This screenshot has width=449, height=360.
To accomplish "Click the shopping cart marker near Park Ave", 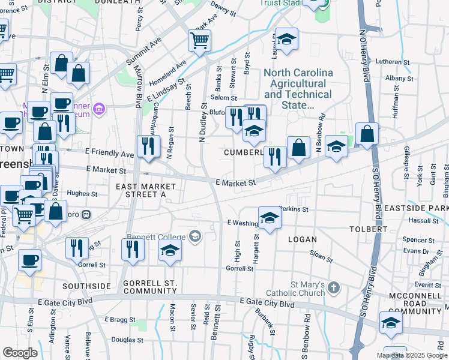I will (199, 41).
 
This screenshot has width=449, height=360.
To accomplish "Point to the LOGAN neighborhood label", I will (302, 239).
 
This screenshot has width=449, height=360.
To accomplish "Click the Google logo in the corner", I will (20, 353).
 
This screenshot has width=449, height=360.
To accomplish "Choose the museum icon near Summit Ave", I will (100, 110).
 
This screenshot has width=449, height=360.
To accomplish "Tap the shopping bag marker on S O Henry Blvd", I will (367, 134).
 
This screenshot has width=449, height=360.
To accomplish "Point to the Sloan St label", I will (321, 256).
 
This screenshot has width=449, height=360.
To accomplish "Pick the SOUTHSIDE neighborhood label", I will (87, 286).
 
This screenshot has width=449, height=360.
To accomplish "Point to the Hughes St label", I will (82, 194).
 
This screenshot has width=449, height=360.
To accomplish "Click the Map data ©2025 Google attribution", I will (411, 355).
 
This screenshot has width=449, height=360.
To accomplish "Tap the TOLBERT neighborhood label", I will (369, 229).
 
